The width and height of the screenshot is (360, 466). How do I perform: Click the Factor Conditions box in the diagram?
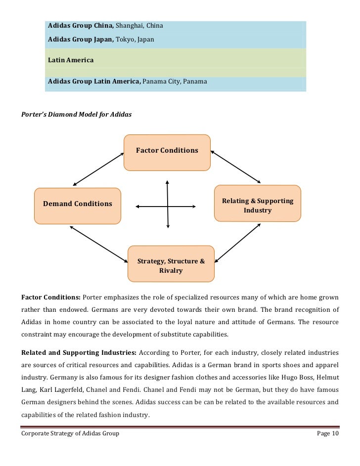coord(167,151)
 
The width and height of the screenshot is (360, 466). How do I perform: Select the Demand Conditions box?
coord(78,204)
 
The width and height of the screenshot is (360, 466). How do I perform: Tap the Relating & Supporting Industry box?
coord(257,206)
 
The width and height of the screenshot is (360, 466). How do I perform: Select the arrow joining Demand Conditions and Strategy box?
coord(99,244)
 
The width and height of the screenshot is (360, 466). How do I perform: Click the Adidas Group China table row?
coord(176,25)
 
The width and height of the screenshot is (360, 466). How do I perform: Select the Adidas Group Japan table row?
coord(176,38)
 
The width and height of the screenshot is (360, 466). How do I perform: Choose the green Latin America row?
coord(176,60)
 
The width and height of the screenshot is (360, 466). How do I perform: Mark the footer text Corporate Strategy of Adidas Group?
coord(70,433)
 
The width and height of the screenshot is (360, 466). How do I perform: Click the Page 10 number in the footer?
coord(327,433)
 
